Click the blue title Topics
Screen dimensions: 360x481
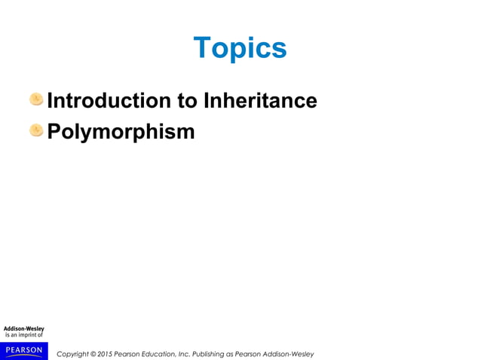click(x=240, y=48)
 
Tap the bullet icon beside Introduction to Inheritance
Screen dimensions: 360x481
click(x=36, y=99)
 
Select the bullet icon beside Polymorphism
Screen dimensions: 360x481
click(x=36, y=131)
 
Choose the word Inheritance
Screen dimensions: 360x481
click(x=261, y=100)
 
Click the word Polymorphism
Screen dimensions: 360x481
click(x=121, y=132)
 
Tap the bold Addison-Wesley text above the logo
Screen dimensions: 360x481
click(x=23, y=328)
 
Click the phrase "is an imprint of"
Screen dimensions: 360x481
click(x=23, y=336)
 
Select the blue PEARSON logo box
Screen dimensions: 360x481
click(x=23, y=350)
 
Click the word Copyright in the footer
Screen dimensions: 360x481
click(x=73, y=354)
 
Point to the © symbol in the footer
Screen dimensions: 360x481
click(x=94, y=354)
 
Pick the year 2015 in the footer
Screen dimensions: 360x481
click(x=106, y=354)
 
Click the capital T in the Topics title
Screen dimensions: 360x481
click(x=201, y=48)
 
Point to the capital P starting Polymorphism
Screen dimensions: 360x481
click(x=54, y=132)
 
